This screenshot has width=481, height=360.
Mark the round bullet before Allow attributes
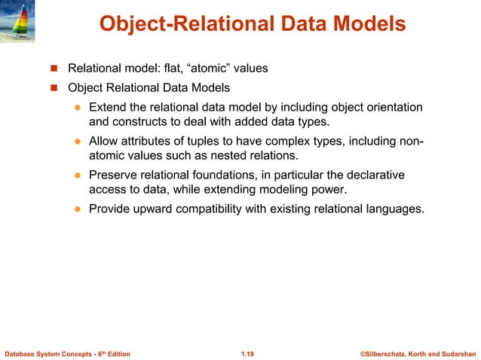pyautogui.click(x=77, y=142)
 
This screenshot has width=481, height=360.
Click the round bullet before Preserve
pyautogui.click(x=77, y=175)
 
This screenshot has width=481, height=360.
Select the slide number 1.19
pyautogui.click(x=247, y=352)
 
